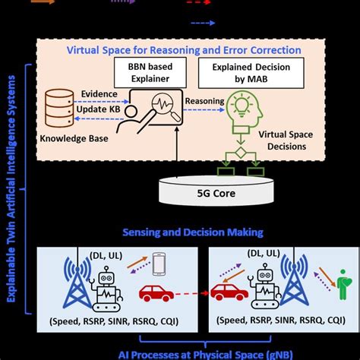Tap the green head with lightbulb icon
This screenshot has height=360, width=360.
coord(241,109)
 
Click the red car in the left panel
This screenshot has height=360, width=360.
coord(155,292)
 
